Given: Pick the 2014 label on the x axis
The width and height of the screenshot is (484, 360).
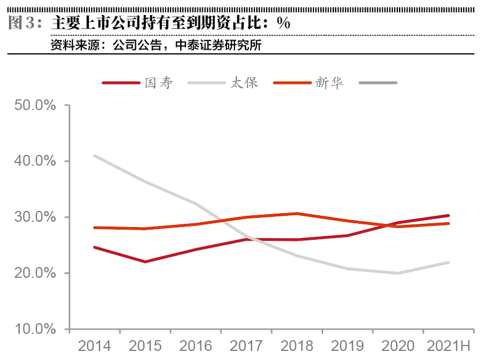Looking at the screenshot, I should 95,345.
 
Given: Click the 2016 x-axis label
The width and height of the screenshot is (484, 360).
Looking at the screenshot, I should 196,345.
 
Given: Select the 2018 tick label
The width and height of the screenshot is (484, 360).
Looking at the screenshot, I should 297,345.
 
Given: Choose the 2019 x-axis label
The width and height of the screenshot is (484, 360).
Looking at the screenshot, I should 347,345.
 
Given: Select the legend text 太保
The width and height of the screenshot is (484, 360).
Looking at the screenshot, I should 245,83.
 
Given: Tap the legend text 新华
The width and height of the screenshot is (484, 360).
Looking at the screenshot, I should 330,83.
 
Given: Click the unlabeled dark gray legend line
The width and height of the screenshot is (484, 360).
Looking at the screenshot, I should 378,83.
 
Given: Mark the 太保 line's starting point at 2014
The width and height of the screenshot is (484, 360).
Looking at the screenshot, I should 95,156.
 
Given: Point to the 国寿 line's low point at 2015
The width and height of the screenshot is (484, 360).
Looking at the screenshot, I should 145,262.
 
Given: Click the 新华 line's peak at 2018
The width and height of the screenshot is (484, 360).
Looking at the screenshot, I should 297,214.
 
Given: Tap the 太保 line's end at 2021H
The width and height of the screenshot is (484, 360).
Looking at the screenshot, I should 449,263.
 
